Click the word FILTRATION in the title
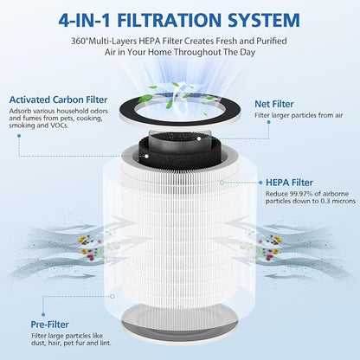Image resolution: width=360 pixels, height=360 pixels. tap(169, 20)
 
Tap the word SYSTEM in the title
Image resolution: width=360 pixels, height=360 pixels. tap(264, 20)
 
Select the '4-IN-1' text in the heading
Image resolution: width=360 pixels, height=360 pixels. tap(85, 20)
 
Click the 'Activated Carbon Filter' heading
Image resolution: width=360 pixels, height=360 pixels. tap(58, 100)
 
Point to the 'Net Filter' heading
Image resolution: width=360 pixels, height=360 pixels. tap(274, 104)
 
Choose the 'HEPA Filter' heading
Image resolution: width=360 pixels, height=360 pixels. tap(289, 183)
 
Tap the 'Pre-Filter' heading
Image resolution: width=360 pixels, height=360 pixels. tap(50, 325)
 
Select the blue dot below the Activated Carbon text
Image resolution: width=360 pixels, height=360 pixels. tap(19, 136)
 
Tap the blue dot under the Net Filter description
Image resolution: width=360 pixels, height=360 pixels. tap(268, 122)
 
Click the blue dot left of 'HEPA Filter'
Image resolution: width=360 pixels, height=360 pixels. tap(260, 183)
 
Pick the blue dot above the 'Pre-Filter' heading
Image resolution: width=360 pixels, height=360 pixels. tap(43, 315)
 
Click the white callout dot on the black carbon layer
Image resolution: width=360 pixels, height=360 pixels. tap(146, 156)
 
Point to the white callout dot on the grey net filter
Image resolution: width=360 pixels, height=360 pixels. tap(199, 138)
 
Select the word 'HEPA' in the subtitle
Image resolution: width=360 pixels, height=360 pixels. tap(150, 41)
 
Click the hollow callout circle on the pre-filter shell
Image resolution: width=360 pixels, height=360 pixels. tap(112, 296)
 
